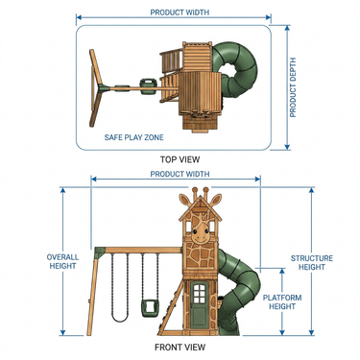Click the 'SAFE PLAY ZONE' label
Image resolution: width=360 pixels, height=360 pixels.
[x=133, y=137]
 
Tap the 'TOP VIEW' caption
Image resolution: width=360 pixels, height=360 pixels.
[x=180, y=159]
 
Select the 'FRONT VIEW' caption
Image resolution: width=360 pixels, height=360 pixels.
[x=180, y=347]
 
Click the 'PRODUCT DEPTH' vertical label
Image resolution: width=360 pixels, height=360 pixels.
[x=293, y=87]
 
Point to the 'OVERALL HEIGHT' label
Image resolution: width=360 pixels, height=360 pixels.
[x=62, y=261]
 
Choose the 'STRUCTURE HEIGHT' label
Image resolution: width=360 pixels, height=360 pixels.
[x=312, y=262]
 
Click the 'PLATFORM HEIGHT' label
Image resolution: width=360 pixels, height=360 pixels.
[x=282, y=302]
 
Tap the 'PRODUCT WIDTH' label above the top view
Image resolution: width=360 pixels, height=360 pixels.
[x=180, y=12]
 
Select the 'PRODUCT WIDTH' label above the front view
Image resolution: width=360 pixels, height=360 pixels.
[x=180, y=174]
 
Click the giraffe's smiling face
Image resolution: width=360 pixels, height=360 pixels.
[x=201, y=234]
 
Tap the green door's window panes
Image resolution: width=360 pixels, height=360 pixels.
[x=199, y=294]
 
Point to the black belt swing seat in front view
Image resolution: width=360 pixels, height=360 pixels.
[x=120, y=318]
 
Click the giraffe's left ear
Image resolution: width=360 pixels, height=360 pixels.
[x=184, y=200]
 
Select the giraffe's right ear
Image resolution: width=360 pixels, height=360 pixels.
[x=216, y=200]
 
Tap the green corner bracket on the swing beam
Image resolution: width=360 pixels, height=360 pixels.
[x=100, y=252]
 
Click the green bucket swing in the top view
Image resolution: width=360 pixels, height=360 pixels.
[x=149, y=87]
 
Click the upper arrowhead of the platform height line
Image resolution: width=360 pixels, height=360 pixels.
[x=282, y=272]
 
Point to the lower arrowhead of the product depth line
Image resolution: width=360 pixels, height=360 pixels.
[x=287, y=147]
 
